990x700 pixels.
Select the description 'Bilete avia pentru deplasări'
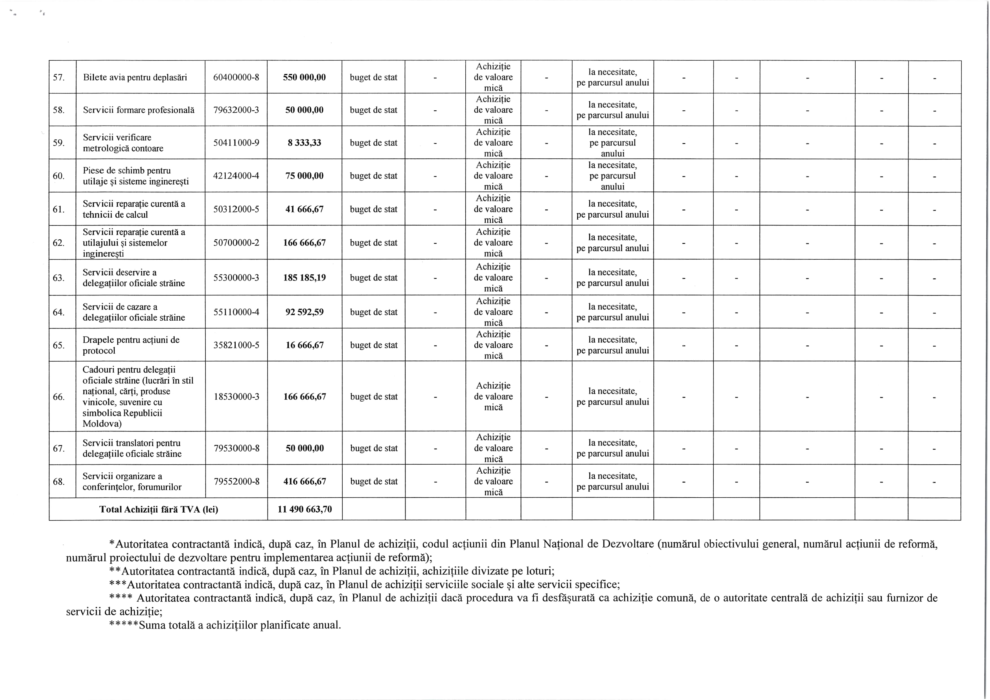click(135, 78)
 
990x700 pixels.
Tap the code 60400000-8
click(236, 78)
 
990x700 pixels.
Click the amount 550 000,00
click(305, 78)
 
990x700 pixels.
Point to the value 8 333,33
click(305, 143)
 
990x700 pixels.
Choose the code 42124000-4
click(236, 176)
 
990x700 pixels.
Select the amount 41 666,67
click(305, 209)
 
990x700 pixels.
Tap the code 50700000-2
click(236, 243)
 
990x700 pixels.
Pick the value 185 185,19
click(305, 278)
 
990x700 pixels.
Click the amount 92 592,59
click(305, 312)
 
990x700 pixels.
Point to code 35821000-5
click(236, 345)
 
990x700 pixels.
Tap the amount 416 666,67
click(305, 481)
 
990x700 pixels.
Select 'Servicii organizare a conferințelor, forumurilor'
click(132, 481)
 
